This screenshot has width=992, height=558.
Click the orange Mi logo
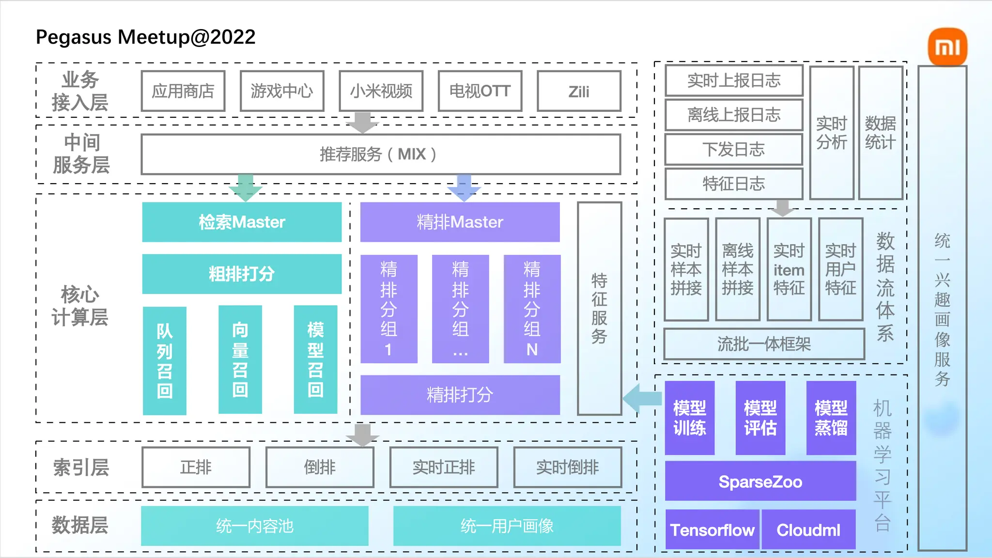[947, 47]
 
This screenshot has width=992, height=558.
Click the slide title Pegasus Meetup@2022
[146, 37]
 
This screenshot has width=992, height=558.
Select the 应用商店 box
[183, 91]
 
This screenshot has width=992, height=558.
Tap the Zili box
[579, 91]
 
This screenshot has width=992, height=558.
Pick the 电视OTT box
[480, 91]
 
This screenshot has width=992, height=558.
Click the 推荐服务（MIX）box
[381, 155]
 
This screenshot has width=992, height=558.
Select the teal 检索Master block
[242, 222]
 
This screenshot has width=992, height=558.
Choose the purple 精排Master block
[460, 222]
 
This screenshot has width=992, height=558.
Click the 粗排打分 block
[242, 274]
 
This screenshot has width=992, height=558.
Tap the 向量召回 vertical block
[240, 359]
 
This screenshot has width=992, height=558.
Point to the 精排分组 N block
[532, 309]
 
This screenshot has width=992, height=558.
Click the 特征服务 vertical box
[599, 309]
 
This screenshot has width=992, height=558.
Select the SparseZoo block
[760, 481]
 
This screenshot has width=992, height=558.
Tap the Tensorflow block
[712, 530]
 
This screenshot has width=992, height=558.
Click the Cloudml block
[808, 530]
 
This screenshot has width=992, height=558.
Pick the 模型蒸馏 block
[831, 418]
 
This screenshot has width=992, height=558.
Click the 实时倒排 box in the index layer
[567, 467]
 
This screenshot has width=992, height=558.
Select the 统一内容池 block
[255, 526]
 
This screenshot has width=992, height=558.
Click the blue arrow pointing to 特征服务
[642, 398]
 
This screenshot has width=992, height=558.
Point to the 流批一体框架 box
[764, 344]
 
